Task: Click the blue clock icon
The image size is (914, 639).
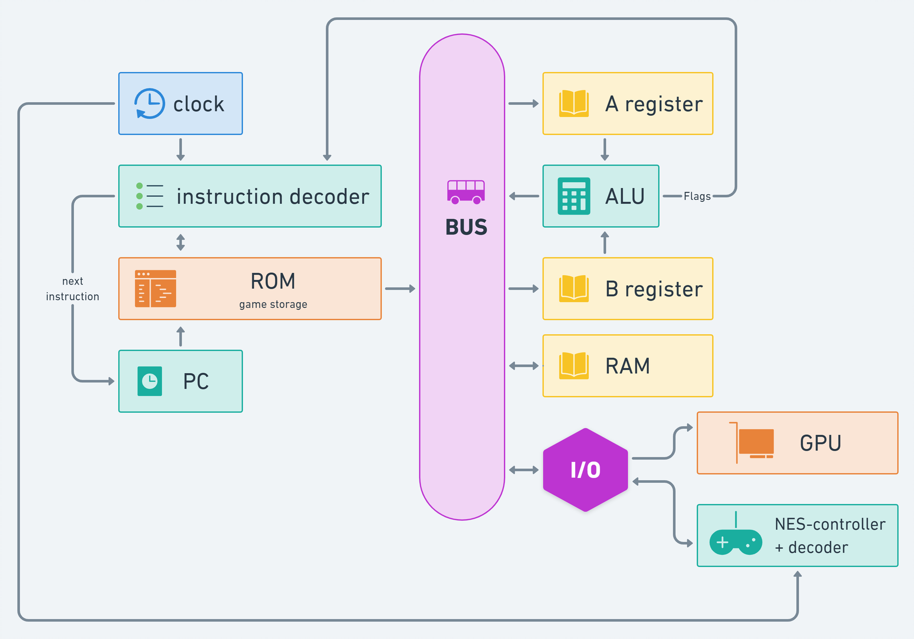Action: click(x=149, y=103)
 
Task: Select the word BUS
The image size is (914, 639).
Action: click(x=466, y=227)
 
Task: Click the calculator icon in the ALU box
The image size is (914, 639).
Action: click(x=574, y=196)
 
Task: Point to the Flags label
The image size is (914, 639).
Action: click(x=697, y=196)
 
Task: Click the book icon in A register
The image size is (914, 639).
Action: click(x=574, y=103)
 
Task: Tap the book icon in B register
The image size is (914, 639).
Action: click(x=574, y=289)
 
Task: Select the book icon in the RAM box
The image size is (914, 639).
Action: click(x=574, y=366)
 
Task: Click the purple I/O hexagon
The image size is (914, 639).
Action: click(x=585, y=470)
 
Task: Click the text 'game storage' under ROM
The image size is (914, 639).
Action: click(x=273, y=304)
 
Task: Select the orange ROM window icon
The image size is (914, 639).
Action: click(x=155, y=289)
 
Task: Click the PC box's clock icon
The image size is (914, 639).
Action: click(x=149, y=381)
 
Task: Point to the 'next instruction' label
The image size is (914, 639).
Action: click(x=73, y=289)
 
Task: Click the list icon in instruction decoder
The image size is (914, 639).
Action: click(x=149, y=196)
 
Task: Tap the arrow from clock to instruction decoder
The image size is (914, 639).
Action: click(x=181, y=149)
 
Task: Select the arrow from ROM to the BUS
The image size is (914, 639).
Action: click(x=400, y=289)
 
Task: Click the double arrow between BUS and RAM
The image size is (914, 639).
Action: click(x=524, y=366)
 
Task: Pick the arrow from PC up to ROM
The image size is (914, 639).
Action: click(x=181, y=336)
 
